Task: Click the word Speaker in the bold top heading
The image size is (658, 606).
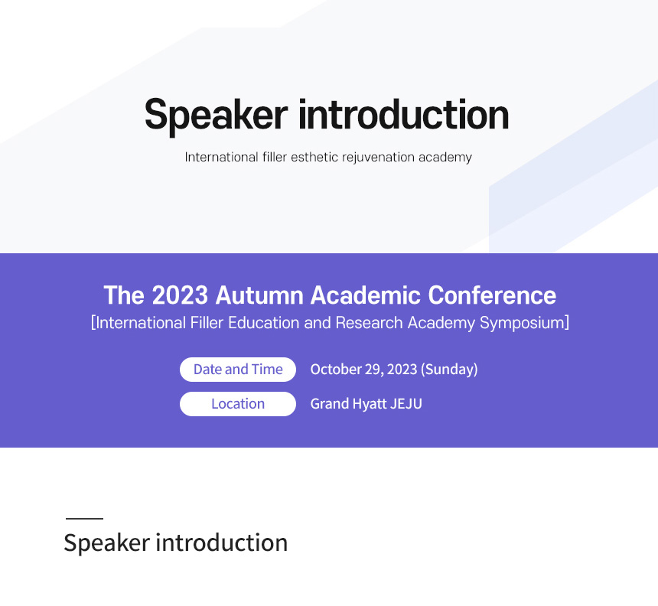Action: click(x=216, y=116)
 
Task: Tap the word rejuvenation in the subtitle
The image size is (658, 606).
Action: click(x=379, y=158)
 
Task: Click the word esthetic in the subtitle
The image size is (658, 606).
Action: click(x=314, y=157)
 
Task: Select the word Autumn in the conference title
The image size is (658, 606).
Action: click(x=259, y=295)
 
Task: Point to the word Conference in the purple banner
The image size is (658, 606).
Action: click(x=492, y=295)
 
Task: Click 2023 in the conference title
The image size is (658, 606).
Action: click(x=180, y=295)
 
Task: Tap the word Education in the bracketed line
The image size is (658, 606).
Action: click(x=264, y=323)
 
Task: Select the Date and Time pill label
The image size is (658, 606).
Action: click(x=238, y=370)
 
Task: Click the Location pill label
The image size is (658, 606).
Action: click(x=238, y=404)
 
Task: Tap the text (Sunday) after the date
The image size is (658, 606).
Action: click(x=449, y=370)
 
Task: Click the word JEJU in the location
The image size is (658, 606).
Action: click(x=406, y=404)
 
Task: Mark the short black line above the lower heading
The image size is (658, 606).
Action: click(x=84, y=518)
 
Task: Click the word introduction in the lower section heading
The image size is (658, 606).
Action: click(x=222, y=542)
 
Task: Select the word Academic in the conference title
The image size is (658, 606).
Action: click(x=365, y=295)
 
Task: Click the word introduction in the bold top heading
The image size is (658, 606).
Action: click(x=404, y=115)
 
